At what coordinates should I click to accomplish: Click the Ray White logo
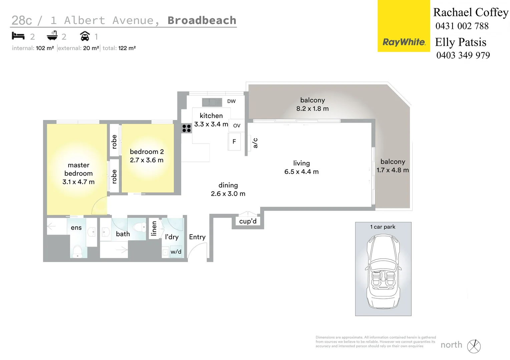(404, 42)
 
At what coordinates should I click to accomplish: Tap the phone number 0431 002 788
(462, 26)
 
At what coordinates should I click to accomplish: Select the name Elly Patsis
(461, 42)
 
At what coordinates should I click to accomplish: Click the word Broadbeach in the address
(202, 20)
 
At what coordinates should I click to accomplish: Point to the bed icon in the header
(18, 36)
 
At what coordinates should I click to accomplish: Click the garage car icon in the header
(85, 36)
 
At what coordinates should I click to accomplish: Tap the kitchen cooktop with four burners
(186, 128)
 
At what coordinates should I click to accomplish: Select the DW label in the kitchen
(231, 101)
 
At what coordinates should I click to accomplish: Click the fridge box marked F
(234, 142)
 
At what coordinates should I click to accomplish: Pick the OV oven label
(237, 126)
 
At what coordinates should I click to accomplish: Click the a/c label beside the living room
(255, 143)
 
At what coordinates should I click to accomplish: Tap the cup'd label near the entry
(248, 221)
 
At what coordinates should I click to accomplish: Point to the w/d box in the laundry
(176, 252)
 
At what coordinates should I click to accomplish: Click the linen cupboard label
(154, 229)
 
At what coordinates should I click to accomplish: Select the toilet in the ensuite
(77, 251)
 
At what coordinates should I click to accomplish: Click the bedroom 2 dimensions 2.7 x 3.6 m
(147, 160)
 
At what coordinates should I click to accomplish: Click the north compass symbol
(474, 346)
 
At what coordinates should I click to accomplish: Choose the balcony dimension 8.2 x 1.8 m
(313, 109)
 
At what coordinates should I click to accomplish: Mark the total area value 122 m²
(127, 48)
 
